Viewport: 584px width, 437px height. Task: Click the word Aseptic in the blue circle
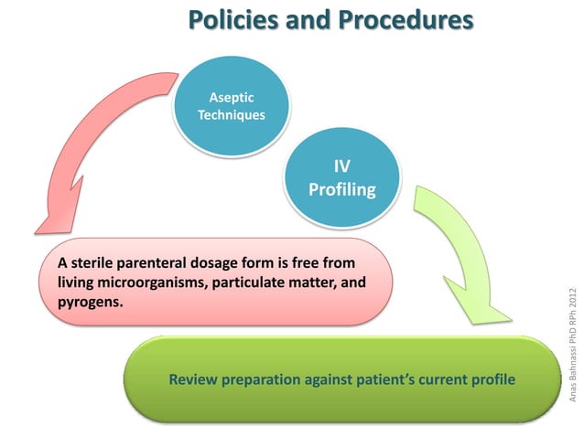pyautogui.click(x=233, y=98)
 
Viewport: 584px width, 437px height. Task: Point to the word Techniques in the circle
pyautogui.click(x=233, y=115)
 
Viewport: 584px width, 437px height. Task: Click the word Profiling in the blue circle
pyautogui.click(x=341, y=190)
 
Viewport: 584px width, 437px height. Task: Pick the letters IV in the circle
pyautogui.click(x=341, y=167)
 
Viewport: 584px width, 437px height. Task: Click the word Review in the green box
pyautogui.click(x=192, y=378)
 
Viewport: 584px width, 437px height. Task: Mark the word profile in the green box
pyautogui.click(x=491, y=378)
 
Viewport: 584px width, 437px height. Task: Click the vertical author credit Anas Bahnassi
pyautogui.click(x=573, y=366)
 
